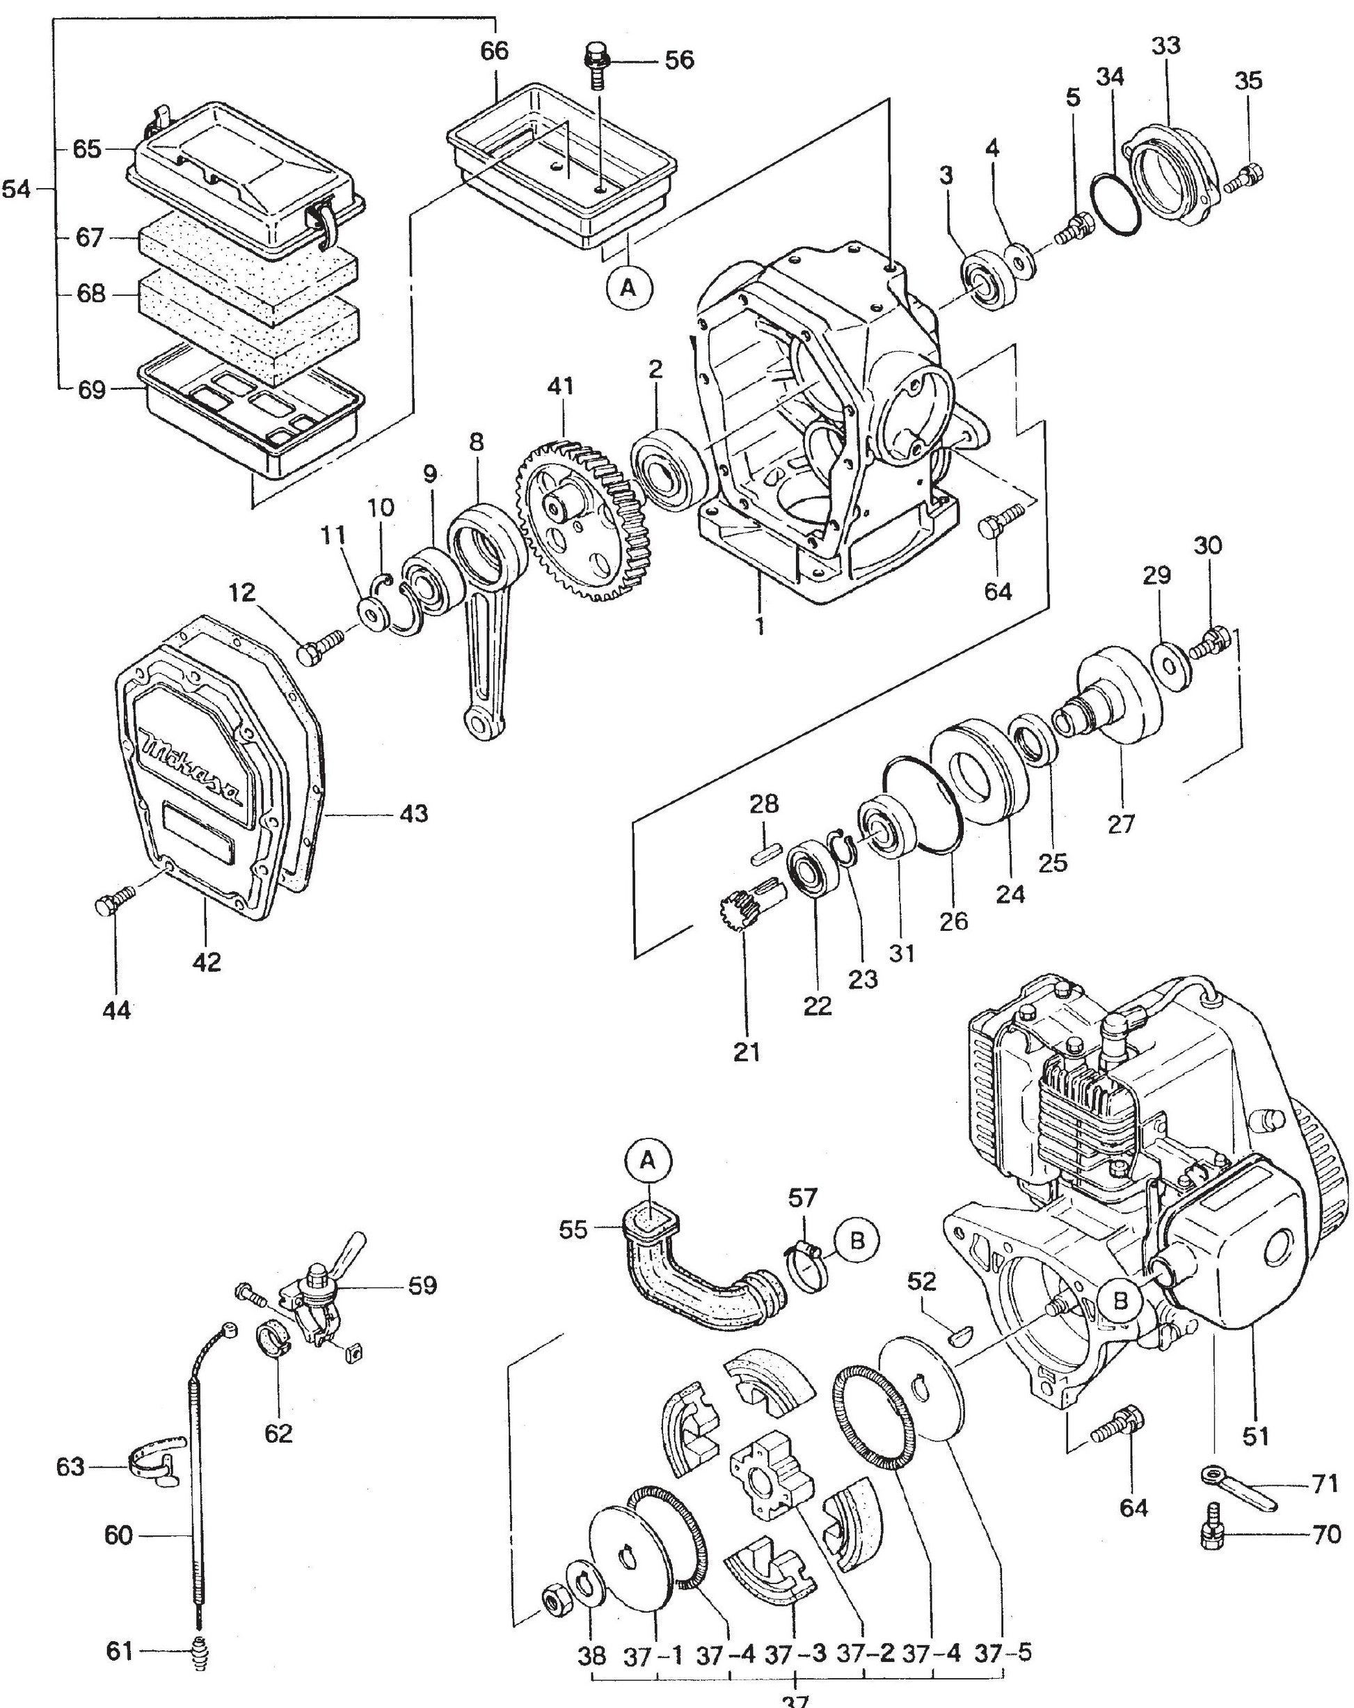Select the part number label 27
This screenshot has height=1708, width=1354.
(x=1120, y=823)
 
